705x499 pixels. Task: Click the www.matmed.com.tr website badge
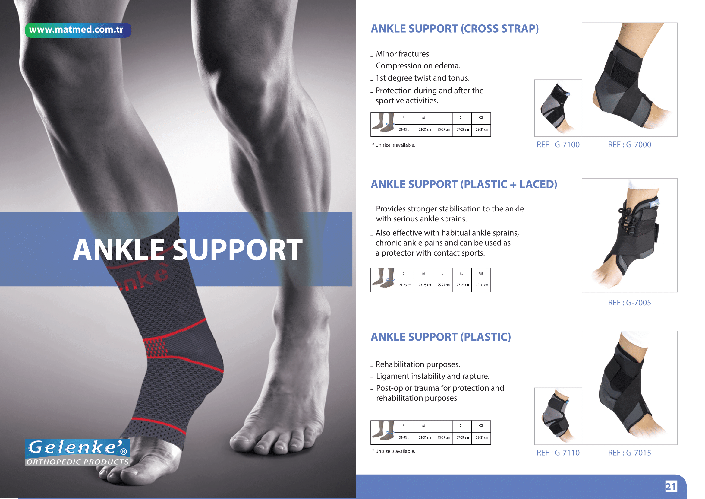point(78,30)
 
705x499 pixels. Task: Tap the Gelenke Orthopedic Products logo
point(78,452)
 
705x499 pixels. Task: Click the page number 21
point(671,486)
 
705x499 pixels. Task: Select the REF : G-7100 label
point(558,145)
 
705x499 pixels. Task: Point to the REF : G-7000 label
point(629,145)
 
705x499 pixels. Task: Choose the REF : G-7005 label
point(629,303)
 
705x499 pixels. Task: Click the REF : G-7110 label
point(558,453)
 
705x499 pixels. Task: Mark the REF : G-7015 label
point(629,453)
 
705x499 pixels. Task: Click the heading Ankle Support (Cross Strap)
point(455,29)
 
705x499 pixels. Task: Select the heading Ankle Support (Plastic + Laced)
point(464,184)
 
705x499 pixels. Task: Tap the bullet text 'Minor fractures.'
point(403,54)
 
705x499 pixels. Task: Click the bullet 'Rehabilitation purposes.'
point(417,365)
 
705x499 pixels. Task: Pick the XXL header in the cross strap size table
point(481,118)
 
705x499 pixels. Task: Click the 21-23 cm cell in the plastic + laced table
point(405,285)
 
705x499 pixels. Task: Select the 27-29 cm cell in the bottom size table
point(462,438)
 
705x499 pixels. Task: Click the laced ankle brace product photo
point(629,235)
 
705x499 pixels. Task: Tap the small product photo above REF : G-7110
point(558,416)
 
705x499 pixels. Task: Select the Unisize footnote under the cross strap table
point(394,145)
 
